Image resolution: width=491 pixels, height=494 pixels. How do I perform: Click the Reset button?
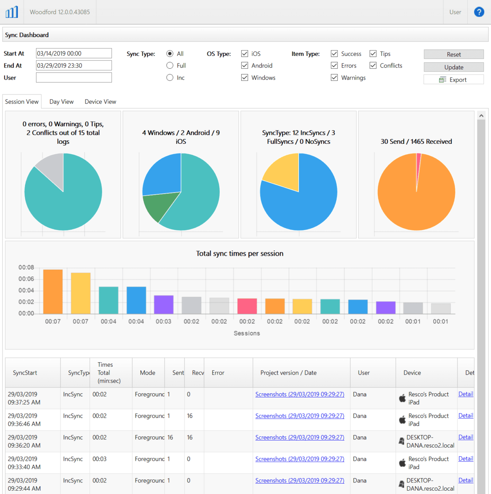click(x=453, y=54)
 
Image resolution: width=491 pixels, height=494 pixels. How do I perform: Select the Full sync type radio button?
click(x=170, y=65)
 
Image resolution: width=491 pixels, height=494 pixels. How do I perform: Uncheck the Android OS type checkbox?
click(x=245, y=65)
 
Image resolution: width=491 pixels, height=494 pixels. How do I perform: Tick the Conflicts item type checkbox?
click(x=373, y=65)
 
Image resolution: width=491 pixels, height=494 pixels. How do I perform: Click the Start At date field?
click(x=74, y=53)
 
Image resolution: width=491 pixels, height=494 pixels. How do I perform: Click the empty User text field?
click(x=74, y=77)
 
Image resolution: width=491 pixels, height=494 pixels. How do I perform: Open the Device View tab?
click(x=100, y=102)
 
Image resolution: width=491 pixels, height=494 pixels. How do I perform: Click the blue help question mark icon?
click(x=479, y=12)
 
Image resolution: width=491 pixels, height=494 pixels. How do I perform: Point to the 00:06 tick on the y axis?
click(x=26, y=279)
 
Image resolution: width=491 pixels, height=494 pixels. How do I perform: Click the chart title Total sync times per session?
click(x=240, y=254)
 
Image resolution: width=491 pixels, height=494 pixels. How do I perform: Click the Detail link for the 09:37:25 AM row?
click(x=465, y=394)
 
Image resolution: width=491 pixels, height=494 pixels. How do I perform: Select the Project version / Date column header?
click(x=288, y=373)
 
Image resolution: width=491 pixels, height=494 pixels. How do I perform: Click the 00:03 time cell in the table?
click(x=100, y=459)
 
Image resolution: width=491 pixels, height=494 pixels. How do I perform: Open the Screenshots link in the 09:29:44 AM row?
click(x=299, y=481)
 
